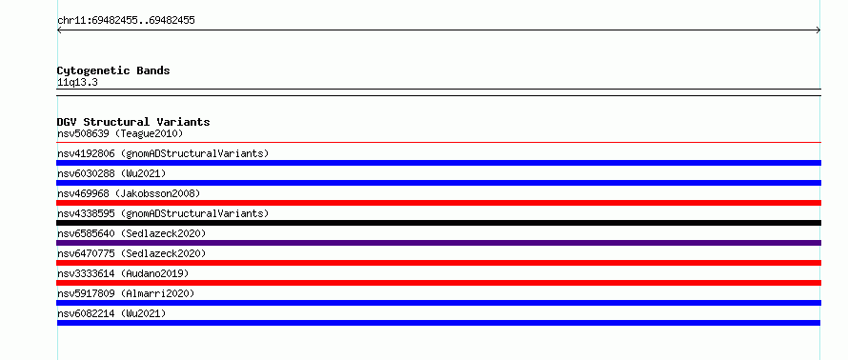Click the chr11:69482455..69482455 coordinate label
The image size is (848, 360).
pyautogui.click(x=126, y=21)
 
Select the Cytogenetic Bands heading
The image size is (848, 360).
pyautogui.click(x=113, y=70)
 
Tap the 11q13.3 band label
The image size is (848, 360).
pyautogui.click(x=77, y=83)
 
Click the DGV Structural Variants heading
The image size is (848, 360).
pyautogui.click(x=133, y=122)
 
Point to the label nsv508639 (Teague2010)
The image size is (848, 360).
pyautogui.click(x=120, y=133)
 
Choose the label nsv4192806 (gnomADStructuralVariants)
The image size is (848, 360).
pyautogui.click(x=163, y=153)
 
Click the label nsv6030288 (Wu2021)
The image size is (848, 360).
pyautogui.click(x=111, y=173)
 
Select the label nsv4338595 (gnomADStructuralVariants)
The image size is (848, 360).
pyautogui.click(x=163, y=213)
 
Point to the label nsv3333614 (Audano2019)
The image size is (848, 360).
pyautogui.click(x=123, y=273)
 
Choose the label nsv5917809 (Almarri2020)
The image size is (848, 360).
pyautogui.click(x=126, y=293)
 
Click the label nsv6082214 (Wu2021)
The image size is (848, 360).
pyautogui.click(x=111, y=313)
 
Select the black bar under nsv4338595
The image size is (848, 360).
pyautogui.click(x=438, y=223)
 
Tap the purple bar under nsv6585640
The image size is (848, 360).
pyautogui.click(x=438, y=243)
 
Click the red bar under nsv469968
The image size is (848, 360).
pyautogui.click(x=438, y=203)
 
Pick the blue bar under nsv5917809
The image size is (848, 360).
pyautogui.click(x=438, y=303)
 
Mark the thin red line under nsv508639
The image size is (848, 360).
pyautogui.click(x=438, y=142)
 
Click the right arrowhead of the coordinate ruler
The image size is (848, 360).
pyautogui.click(x=818, y=30)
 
